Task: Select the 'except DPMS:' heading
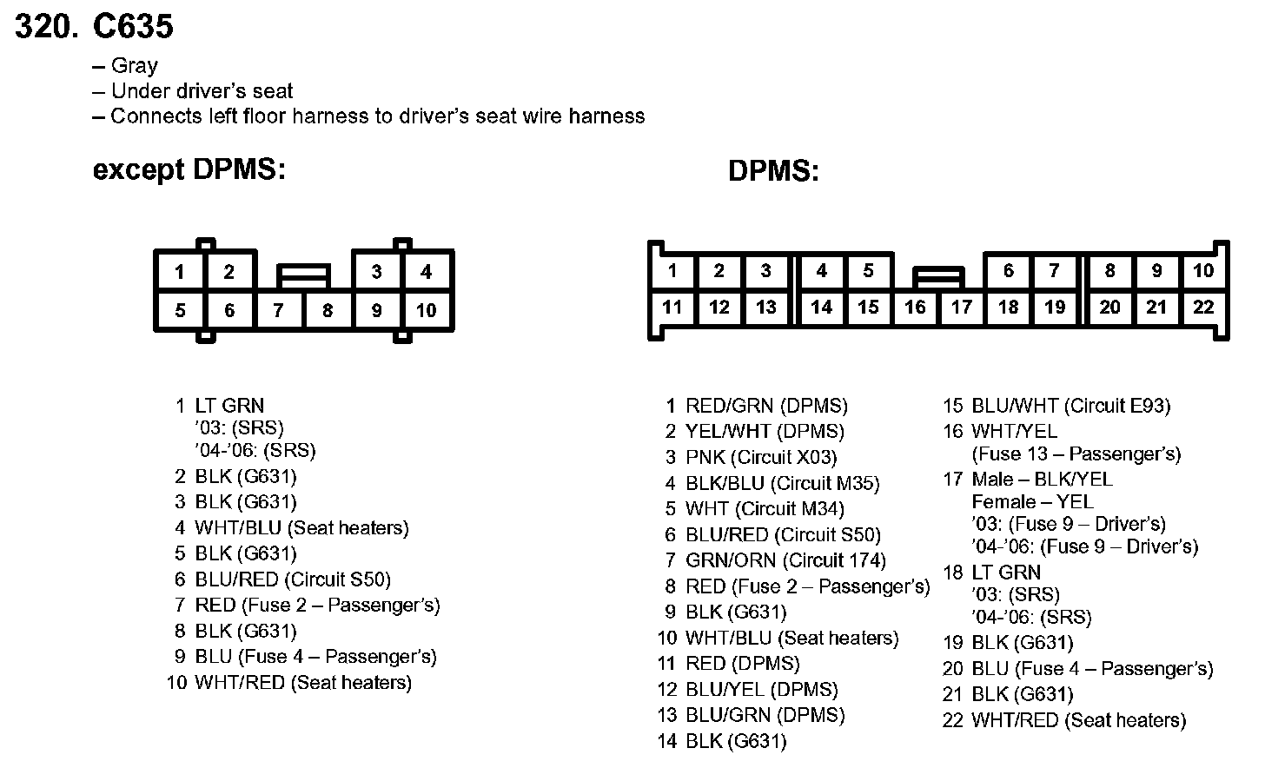coord(189,169)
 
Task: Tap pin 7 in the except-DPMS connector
coord(278,310)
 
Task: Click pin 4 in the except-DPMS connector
coord(426,272)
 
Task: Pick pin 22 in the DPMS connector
coord(1202,307)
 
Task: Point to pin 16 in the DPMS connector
coord(915,307)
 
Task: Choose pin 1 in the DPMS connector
coord(672,270)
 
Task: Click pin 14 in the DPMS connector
coord(821,307)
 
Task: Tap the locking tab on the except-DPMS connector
coord(303,276)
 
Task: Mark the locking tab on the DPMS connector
coord(938,277)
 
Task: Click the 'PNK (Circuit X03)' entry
coord(761,457)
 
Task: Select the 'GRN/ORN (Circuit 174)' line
coord(785,560)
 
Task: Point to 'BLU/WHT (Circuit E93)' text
coord(1070,406)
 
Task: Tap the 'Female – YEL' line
coord(1032,501)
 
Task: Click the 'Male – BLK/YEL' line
coord(1042,479)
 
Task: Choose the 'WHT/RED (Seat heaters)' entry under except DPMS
coord(302,683)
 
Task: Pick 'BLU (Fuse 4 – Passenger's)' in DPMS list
coord(1091,668)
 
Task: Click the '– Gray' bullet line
coord(126,66)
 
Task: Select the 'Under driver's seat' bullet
coord(202,91)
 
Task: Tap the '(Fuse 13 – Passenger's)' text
coord(1076,454)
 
